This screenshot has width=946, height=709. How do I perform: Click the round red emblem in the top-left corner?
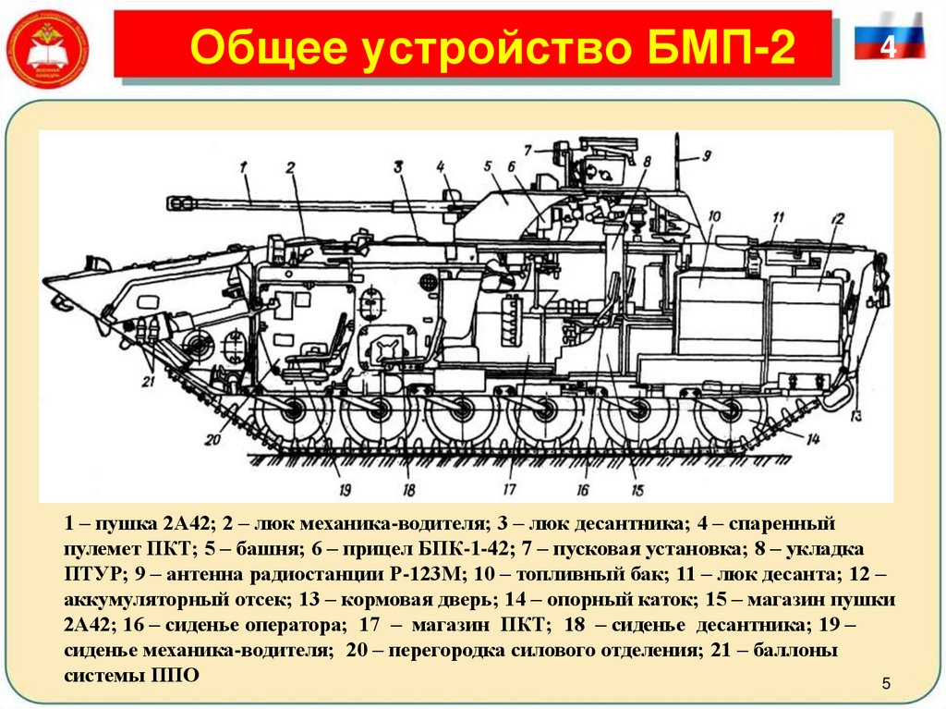click(47, 47)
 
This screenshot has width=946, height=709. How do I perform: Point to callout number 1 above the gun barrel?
click(246, 167)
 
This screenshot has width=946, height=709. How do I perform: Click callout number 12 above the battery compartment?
click(837, 219)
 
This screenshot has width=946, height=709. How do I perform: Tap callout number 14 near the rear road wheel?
click(812, 438)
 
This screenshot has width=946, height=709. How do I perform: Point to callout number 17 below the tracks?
click(507, 491)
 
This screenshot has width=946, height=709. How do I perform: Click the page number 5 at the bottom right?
click(885, 683)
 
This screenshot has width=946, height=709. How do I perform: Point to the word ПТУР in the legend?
click(88, 574)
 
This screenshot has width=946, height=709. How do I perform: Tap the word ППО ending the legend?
click(176, 676)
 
